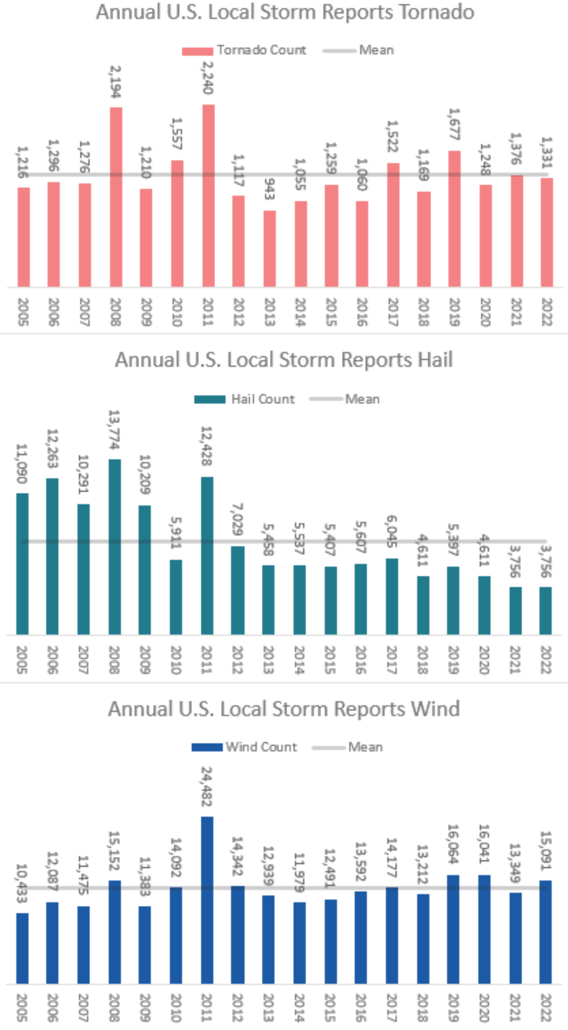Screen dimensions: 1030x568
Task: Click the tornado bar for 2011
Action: (x=208, y=196)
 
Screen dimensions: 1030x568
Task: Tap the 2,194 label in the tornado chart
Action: (x=115, y=82)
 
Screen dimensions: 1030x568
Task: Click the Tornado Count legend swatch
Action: (x=197, y=51)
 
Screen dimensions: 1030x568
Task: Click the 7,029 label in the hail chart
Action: (x=237, y=519)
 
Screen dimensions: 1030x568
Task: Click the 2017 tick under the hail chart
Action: (x=392, y=660)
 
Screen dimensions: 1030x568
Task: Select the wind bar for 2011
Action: (x=207, y=900)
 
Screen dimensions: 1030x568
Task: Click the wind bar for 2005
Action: (x=22, y=948)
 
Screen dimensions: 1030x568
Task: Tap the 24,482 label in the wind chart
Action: (x=207, y=786)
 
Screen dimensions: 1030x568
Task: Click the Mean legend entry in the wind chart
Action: (x=365, y=747)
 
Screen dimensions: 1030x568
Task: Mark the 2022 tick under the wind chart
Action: (x=546, y=1008)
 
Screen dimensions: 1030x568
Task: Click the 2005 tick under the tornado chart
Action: (x=23, y=312)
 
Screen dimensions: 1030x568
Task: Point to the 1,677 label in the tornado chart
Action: (x=454, y=124)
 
